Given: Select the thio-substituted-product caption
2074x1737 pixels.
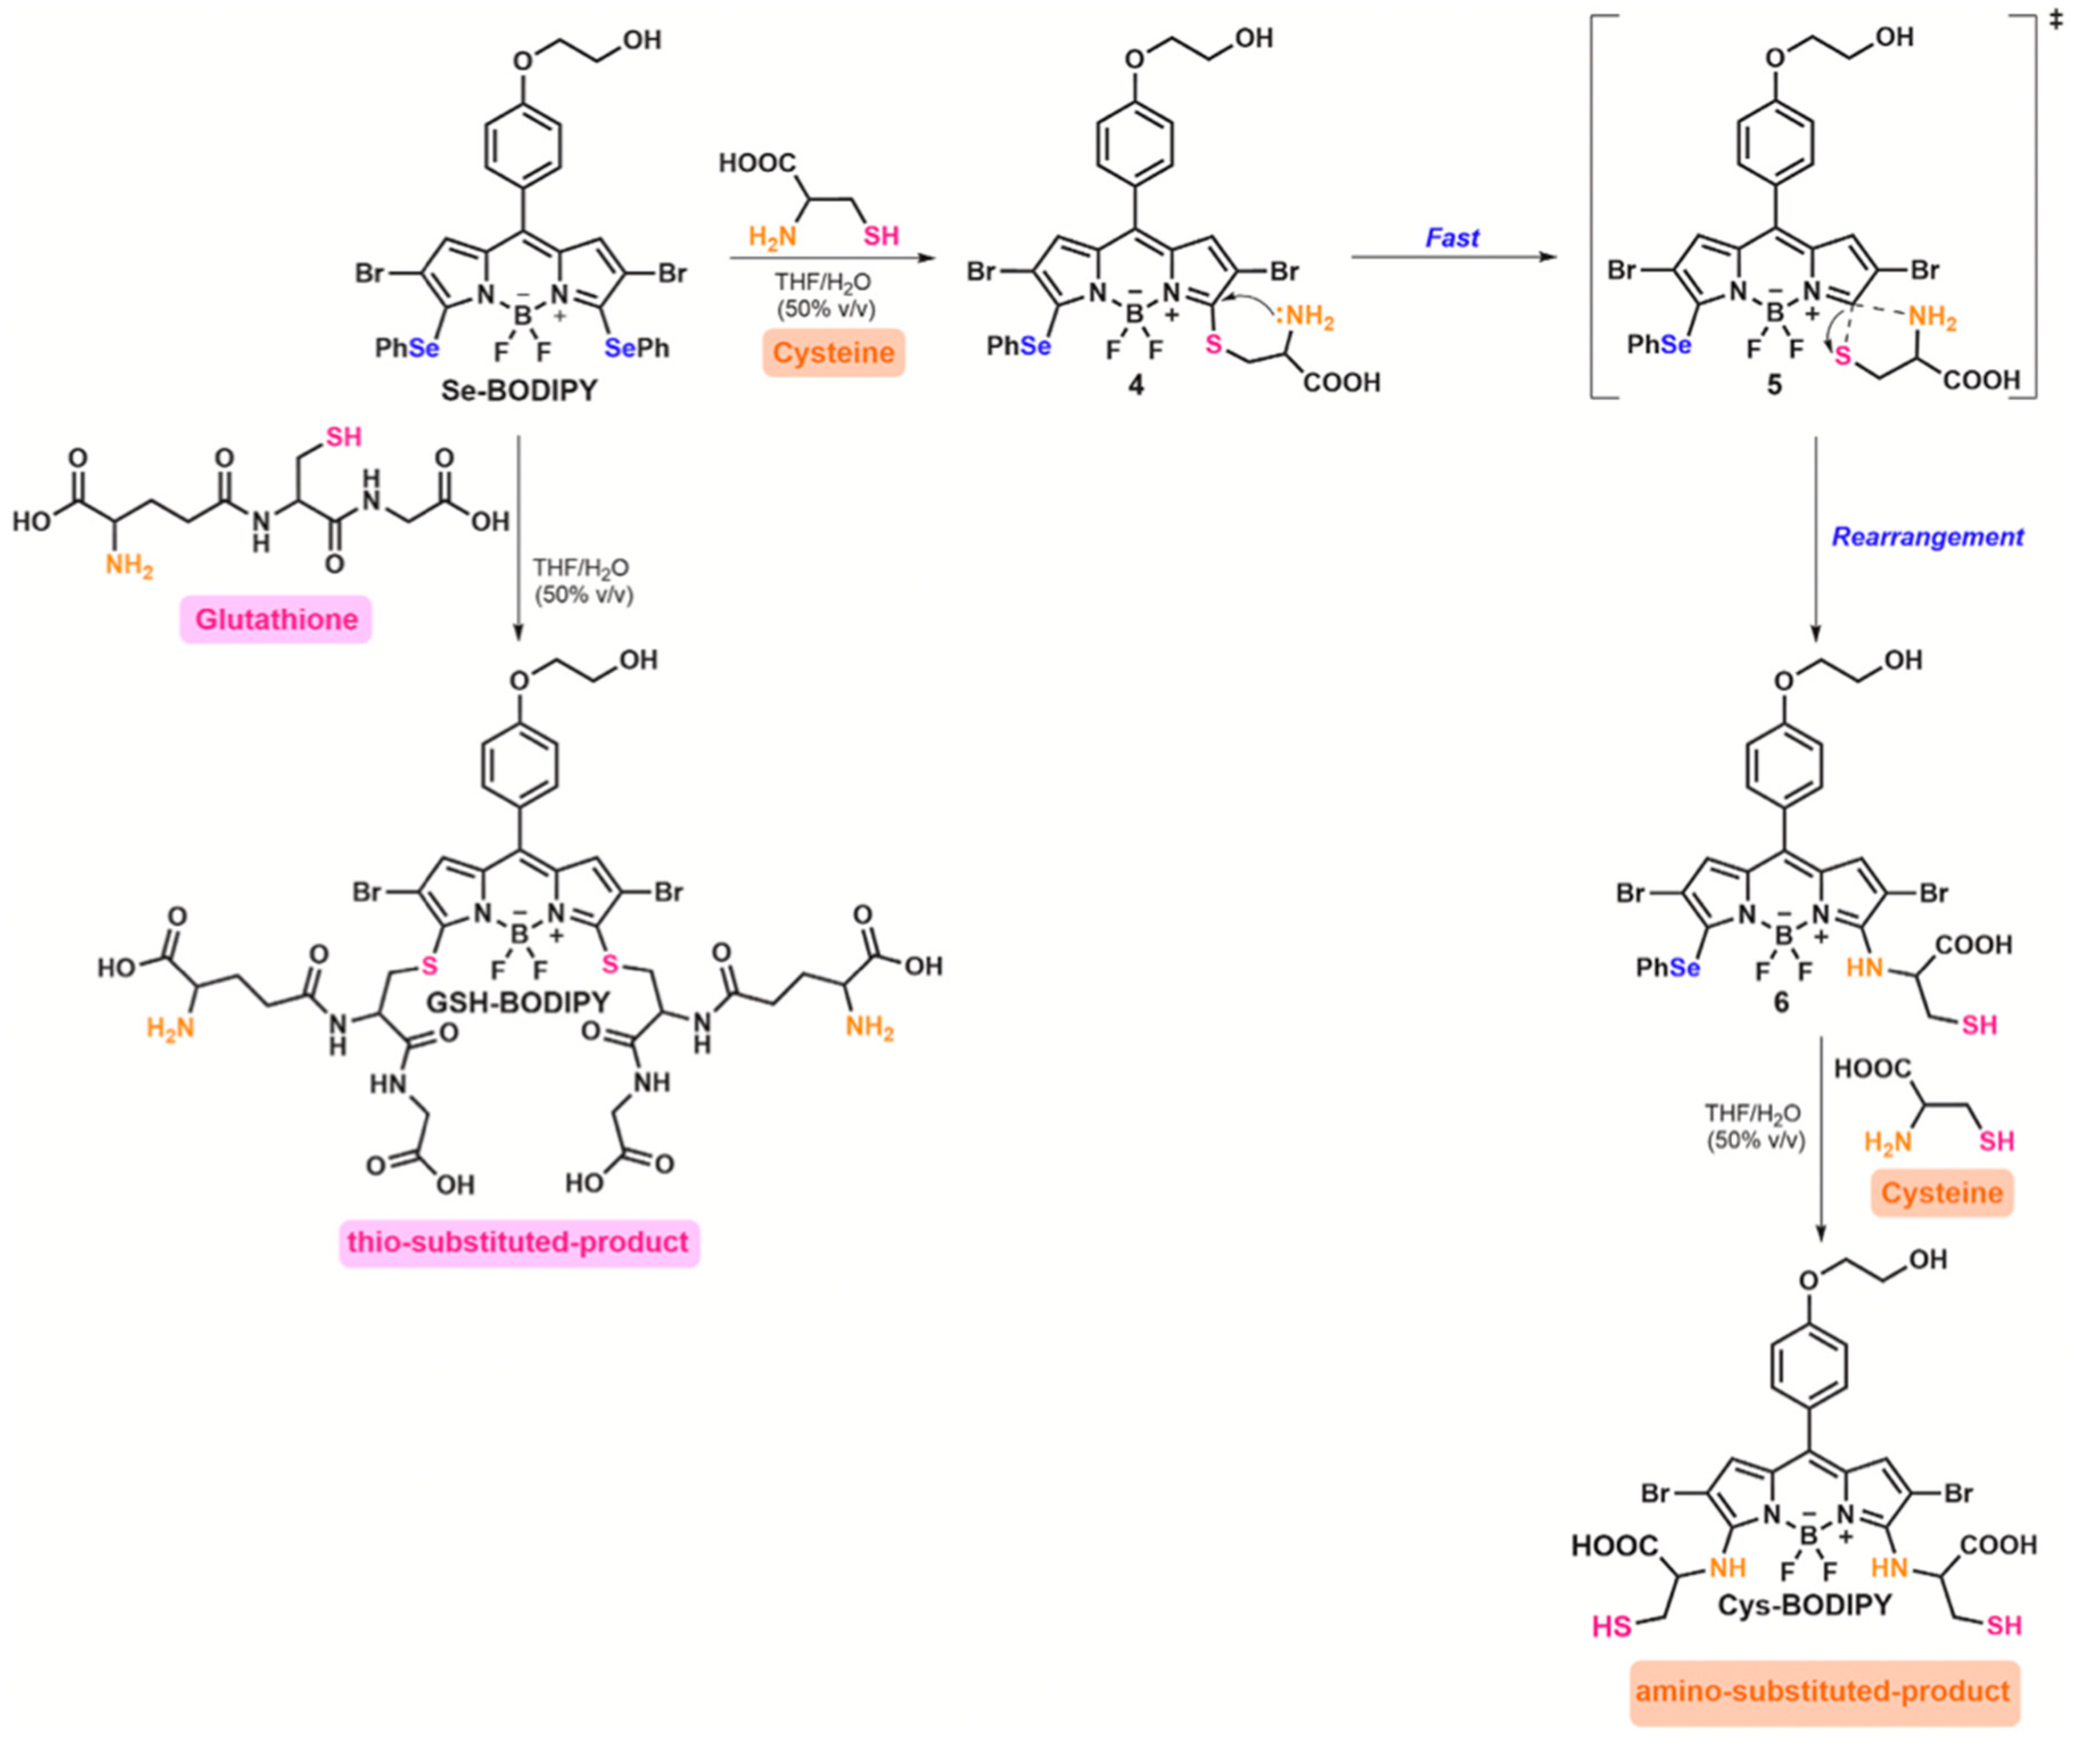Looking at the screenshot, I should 518,1241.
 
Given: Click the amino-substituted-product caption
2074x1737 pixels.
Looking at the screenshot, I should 1823,1690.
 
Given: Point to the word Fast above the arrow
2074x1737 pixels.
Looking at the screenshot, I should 1452,237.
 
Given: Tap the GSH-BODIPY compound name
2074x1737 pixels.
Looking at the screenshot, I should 518,1002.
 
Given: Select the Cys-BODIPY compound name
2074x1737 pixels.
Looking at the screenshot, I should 1804,1604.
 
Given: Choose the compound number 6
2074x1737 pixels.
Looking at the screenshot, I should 1780,1003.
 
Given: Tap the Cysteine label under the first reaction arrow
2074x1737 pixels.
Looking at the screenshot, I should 834,353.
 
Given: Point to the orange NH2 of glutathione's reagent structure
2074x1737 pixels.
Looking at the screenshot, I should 129,566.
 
